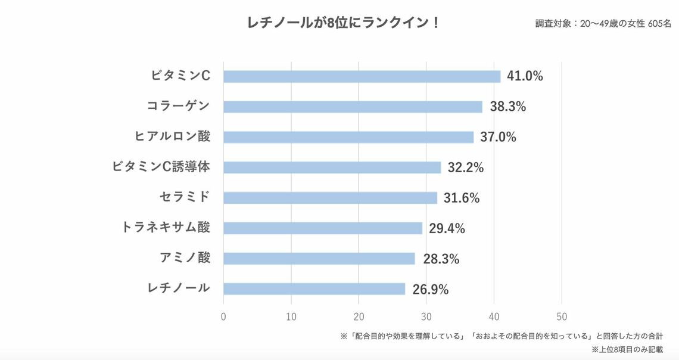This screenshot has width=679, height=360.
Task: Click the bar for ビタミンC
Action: [x=362, y=76]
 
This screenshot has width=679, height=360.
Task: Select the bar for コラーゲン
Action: [x=353, y=107]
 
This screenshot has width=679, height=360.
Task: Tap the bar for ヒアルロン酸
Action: [x=348, y=137]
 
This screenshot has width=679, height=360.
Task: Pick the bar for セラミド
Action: [x=330, y=198]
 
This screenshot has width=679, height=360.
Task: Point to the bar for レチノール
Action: [x=314, y=288]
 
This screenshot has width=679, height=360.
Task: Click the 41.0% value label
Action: [x=525, y=76]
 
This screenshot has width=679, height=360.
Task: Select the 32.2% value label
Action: [x=466, y=167]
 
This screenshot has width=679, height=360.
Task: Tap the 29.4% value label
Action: [x=447, y=228]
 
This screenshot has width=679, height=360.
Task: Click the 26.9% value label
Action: [x=430, y=290]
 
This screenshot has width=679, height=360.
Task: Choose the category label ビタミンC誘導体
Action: [x=161, y=167]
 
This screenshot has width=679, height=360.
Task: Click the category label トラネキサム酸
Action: [x=166, y=227]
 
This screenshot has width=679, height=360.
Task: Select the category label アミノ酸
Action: [x=185, y=257]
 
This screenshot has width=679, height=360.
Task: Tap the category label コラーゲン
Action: [x=178, y=106]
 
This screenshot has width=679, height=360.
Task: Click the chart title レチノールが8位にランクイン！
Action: [x=344, y=23]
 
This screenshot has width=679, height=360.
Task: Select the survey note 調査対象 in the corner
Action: [x=603, y=24]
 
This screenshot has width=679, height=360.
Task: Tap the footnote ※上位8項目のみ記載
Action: [x=627, y=349]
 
